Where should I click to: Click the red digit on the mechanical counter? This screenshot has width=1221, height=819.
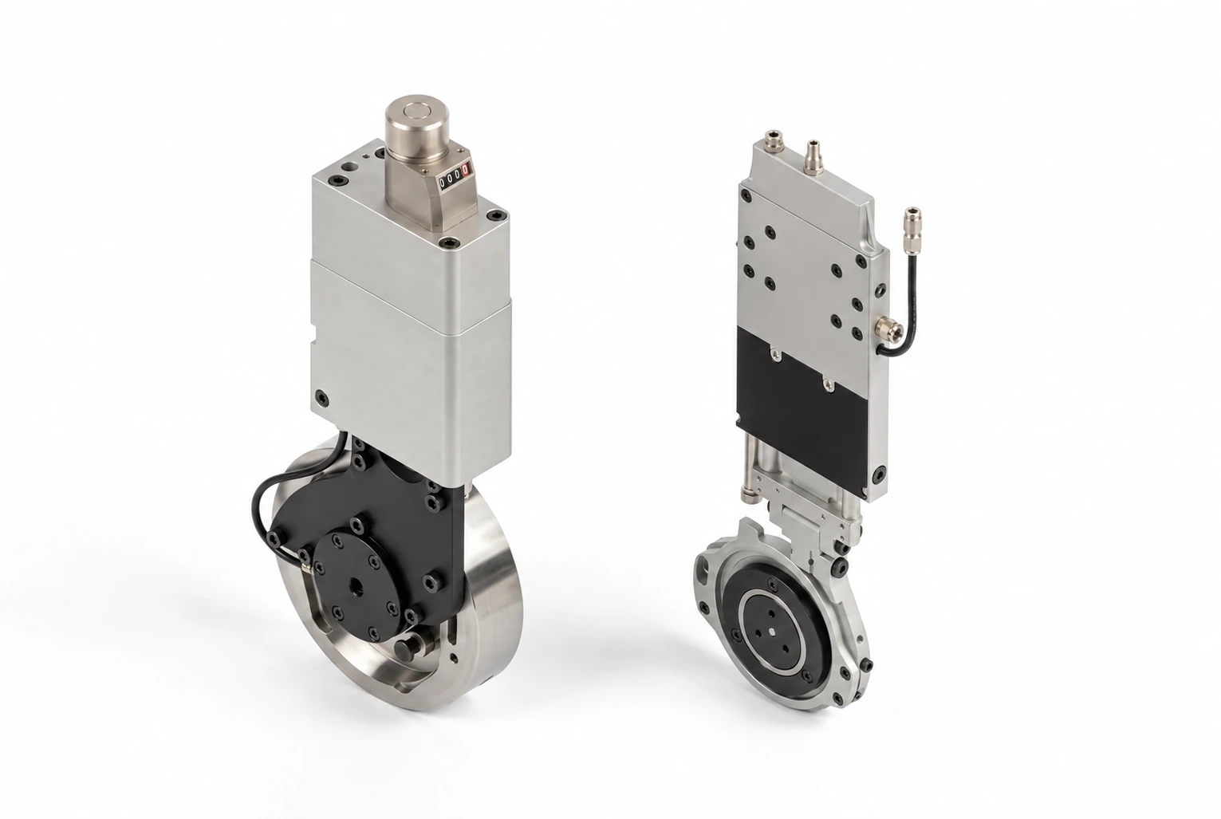[x=465, y=171]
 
